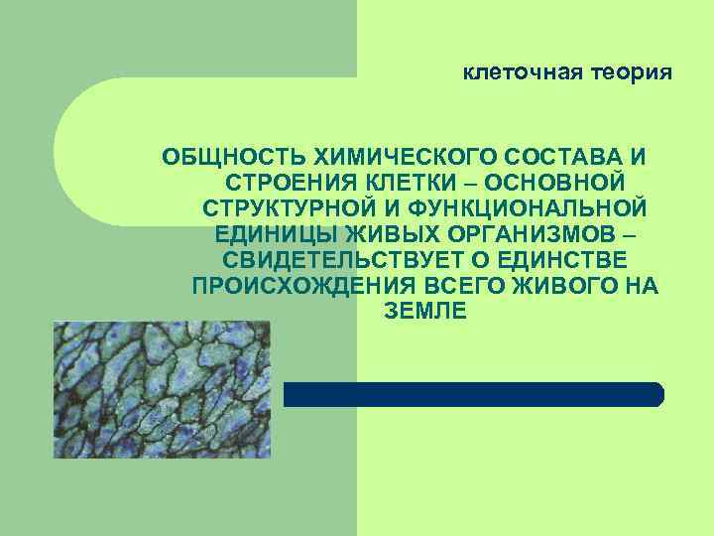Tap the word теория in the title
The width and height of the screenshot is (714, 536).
pyautogui.click(x=632, y=72)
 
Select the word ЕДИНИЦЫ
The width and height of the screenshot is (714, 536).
pyautogui.click(x=275, y=235)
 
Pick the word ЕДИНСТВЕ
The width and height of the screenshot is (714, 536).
pyautogui.click(x=568, y=261)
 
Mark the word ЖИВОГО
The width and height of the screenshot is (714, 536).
pyautogui.click(x=549, y=287)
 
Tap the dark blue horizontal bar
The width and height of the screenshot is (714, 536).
pyautogui.click(x=474, y=394)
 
